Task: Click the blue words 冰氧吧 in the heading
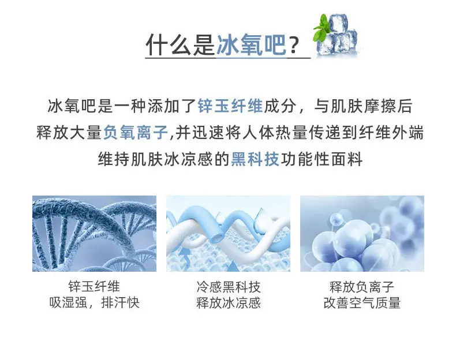click(251, 44)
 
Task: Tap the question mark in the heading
click(294, 46)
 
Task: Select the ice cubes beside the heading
click(337, 36)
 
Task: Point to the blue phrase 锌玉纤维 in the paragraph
click(230, 106)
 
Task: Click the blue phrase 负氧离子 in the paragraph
click(136, 133)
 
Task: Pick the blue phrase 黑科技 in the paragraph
click(255, 159)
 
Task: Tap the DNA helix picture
click(94, 234)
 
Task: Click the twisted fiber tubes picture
click(229, 234)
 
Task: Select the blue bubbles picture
click(362, 234)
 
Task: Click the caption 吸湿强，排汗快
click(94, 302)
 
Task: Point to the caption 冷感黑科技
click(229, 287)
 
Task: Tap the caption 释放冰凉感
click(229, 303)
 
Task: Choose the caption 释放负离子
click(362, 287)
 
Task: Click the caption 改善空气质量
click(362, 303)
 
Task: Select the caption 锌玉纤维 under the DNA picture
click(94, 287)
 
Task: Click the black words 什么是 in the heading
click(180, 44)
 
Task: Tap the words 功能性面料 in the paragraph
click(322, 159)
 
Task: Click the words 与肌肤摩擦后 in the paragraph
click(363, 106)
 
